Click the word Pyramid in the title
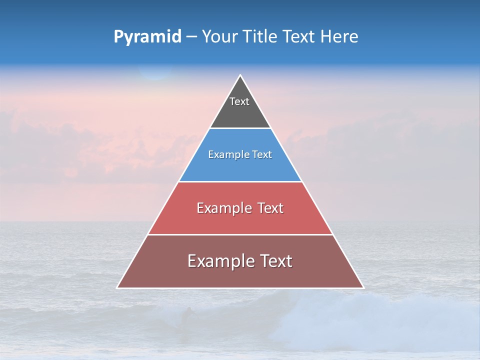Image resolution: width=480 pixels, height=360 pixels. click(147, 37)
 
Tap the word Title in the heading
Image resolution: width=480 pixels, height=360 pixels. click(261, 37)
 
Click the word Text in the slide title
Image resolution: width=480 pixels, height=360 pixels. click(299, 37)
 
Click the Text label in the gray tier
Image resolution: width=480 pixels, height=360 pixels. click(239, 101)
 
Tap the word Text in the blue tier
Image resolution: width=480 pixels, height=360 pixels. click(261, 155)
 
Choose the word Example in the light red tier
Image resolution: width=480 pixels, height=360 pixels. click(224, 208)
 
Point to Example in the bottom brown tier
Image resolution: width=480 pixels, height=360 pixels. click(220, 261)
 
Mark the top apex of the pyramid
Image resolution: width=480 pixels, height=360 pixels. click(240, 75)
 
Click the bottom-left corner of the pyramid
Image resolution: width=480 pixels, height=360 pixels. click(117, 287)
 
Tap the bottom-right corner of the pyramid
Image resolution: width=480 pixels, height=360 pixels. click(363, 287)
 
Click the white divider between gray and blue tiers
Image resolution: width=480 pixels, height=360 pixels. click(240, 128)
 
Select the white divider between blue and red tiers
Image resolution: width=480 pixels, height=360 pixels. click(240, 181)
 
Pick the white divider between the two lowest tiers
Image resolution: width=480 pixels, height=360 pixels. click(240, 234)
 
